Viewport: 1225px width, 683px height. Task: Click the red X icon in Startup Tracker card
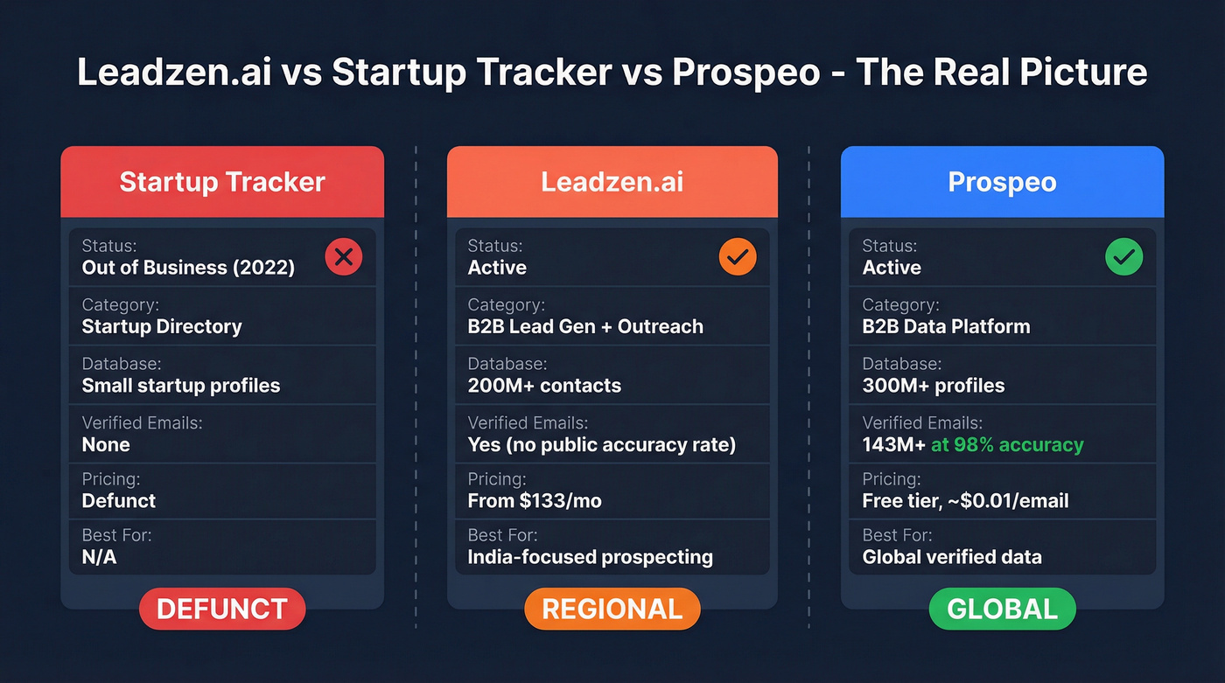point(343,257)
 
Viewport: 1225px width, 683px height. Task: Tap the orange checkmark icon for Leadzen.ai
point(738,257)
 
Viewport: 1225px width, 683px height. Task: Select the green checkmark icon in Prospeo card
point(1123,257)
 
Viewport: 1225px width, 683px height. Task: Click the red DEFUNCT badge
point(222,609)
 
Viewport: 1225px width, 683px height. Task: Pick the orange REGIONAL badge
point(612,609)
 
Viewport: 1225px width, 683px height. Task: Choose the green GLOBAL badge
point(1002,609)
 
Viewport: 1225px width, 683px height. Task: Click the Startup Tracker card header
point(222,182)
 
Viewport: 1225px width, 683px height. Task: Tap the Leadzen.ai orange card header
point(612,182)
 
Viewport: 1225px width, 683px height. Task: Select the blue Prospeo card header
point(1002,182)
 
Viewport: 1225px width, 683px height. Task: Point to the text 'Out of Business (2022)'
point(188,268)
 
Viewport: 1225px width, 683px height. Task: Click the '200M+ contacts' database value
point(544,386)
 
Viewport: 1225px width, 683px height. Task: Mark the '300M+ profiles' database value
point(933,386)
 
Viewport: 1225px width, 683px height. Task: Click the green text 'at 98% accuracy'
point(1007,445)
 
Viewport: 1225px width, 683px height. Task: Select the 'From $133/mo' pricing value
point(535,501)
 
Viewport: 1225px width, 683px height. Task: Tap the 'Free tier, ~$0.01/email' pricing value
point(965,501)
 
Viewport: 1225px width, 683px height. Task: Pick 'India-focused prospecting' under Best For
point(590,557)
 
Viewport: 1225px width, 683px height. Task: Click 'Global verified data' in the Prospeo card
point(952,557)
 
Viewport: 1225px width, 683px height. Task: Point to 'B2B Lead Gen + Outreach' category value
point(585,327)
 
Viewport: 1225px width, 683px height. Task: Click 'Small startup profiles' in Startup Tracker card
point(181,386)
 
